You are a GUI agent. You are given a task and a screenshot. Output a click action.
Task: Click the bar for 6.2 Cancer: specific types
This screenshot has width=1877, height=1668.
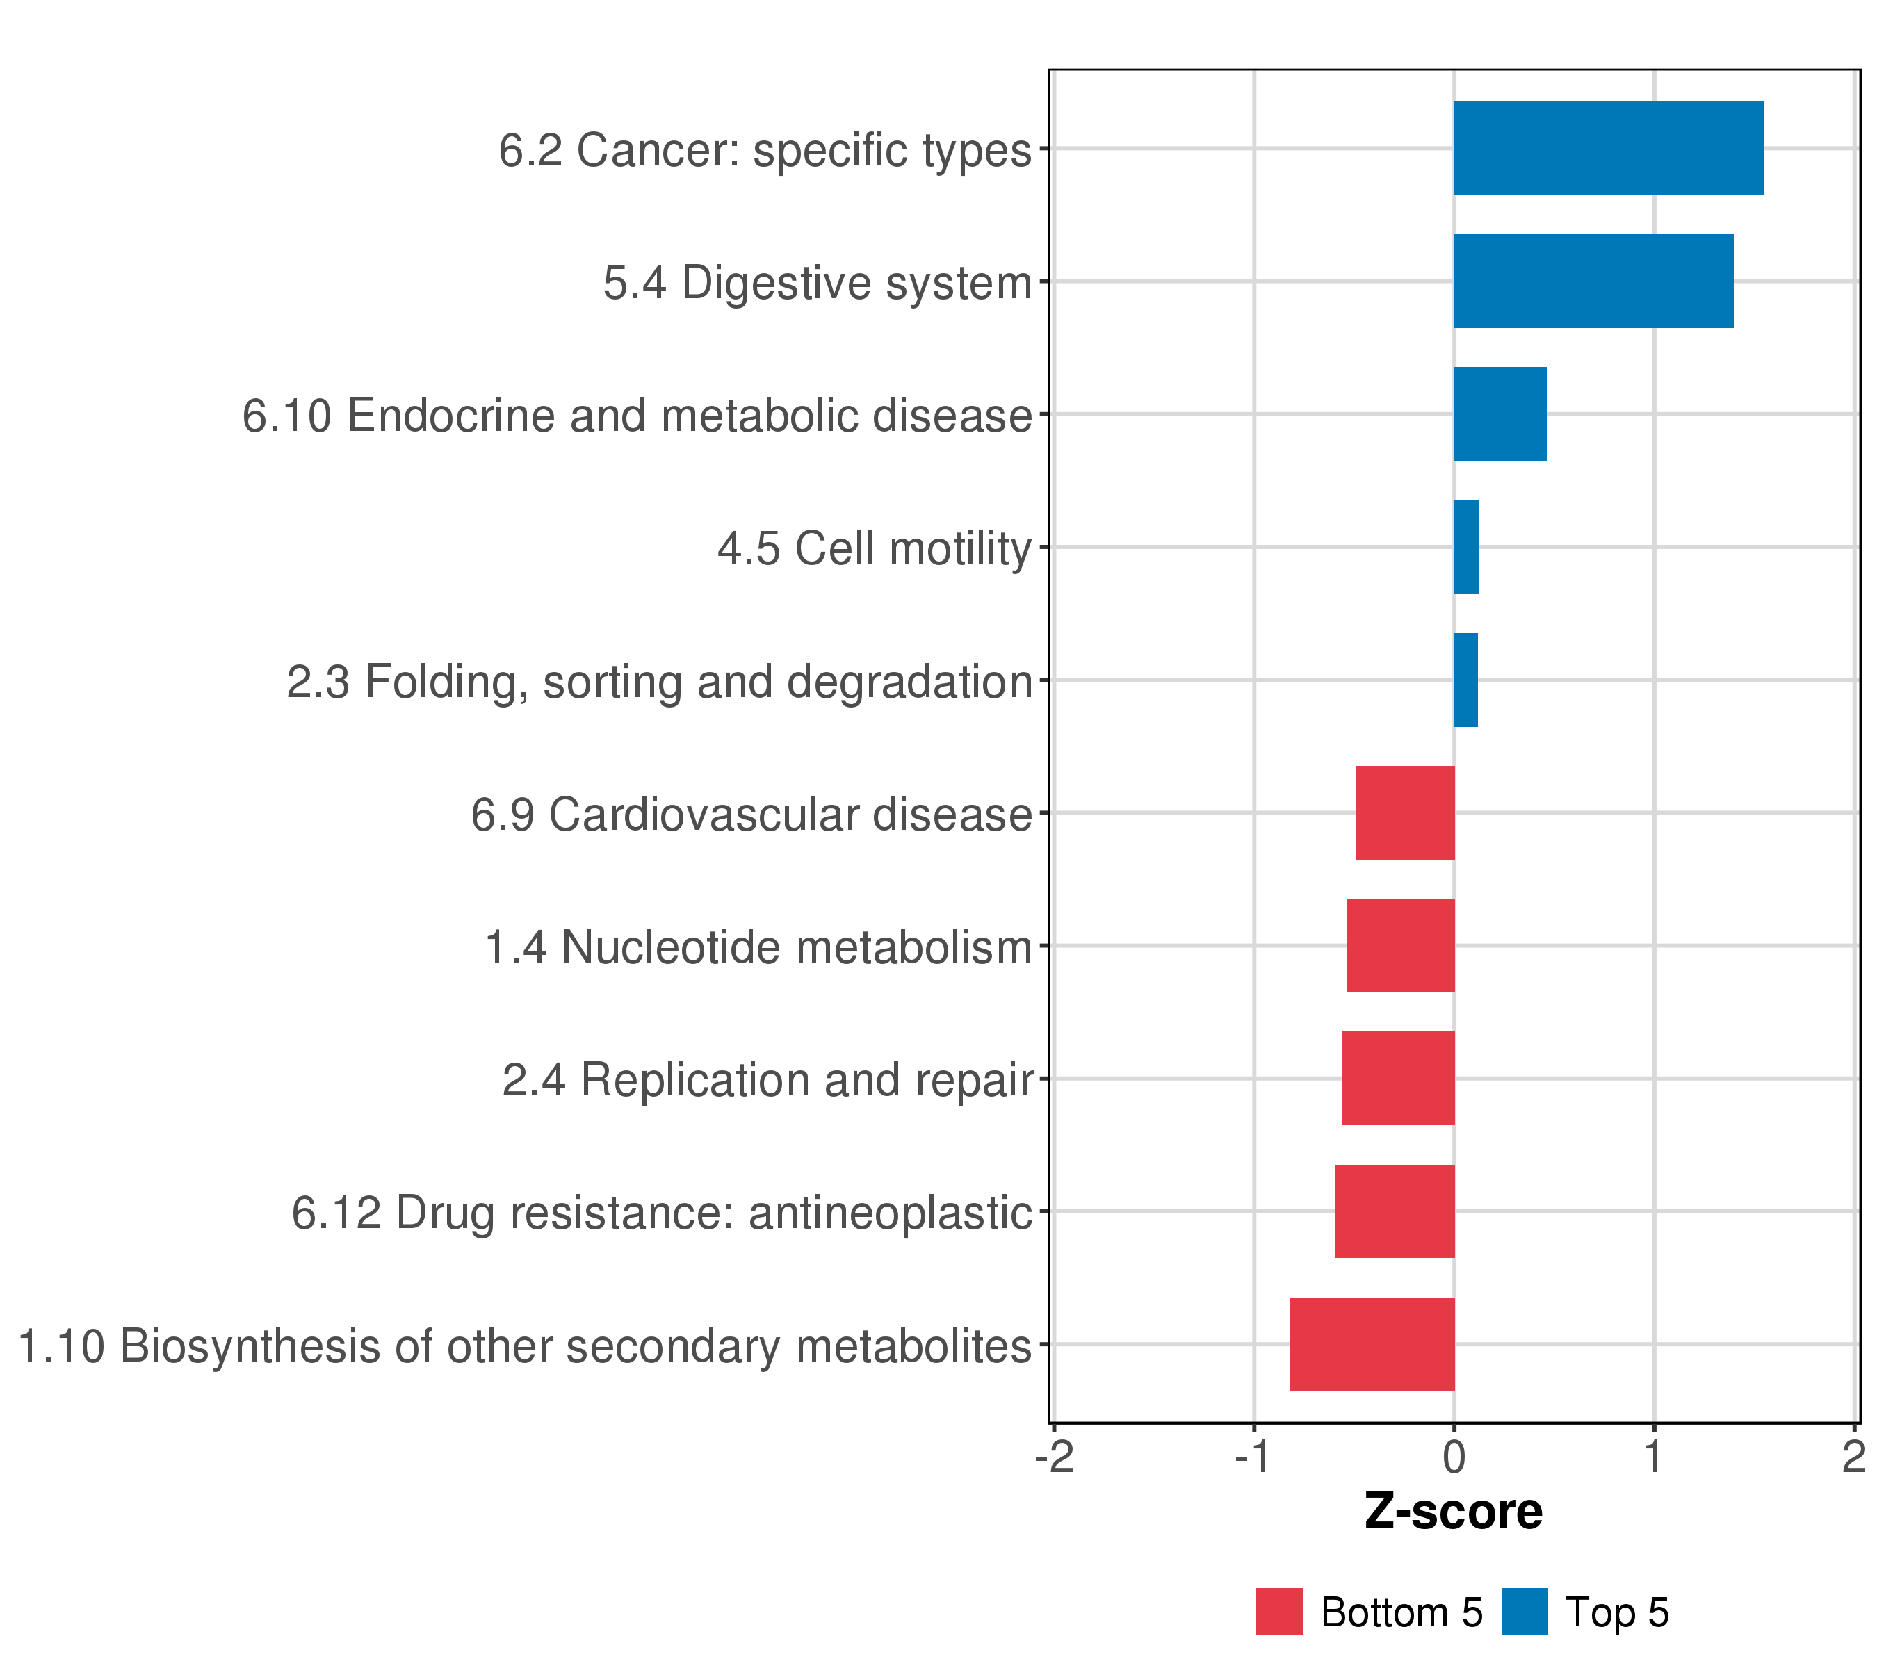point(1608,149)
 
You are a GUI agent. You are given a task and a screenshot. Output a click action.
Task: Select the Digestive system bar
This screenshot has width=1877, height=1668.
point(1593,281)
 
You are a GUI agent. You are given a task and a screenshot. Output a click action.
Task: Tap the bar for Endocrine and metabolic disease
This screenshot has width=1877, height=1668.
point(1500,414)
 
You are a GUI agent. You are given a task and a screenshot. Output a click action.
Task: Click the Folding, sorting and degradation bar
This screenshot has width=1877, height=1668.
point(1465,680)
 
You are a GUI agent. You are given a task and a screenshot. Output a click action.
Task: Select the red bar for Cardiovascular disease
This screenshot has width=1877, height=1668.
point(1405,812)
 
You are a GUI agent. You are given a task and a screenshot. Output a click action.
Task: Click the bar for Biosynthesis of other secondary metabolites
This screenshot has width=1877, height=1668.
point(1372,1344)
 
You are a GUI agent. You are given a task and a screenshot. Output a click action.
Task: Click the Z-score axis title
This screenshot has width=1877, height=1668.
point(1454,1512)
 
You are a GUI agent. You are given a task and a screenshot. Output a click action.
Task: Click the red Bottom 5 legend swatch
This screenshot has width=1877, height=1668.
point(1279,1612)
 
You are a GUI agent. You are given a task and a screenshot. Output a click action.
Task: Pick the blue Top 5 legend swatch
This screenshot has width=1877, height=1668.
point(1525,1612)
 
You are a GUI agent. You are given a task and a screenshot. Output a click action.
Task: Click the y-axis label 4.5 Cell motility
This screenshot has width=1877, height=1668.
point(875,549)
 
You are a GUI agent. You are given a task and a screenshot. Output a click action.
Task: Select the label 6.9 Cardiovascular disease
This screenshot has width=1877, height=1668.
point(751,815)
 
